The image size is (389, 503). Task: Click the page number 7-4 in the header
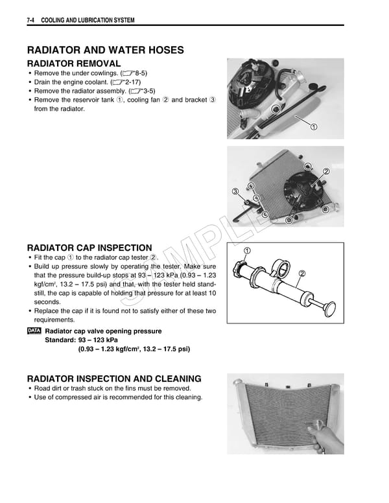(30, 21)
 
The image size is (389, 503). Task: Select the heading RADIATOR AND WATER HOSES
(105, 50)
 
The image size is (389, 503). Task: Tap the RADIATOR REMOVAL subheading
(73, 64)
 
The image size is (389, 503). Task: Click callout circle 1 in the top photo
(314, 125)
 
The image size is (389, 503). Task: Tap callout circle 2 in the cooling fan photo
(326, 172)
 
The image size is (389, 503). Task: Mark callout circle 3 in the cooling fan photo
(235, 191)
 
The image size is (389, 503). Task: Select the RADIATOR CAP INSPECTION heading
(89, 248)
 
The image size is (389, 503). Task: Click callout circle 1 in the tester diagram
(247, 251)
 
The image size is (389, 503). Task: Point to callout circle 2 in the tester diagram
(301, 274)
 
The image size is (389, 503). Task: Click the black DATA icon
(33, 331)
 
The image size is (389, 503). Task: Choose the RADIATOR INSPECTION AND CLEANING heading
(113, 379)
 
